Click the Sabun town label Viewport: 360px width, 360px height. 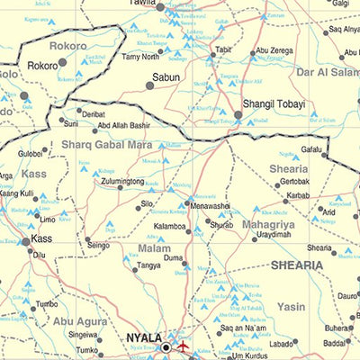point(165,78)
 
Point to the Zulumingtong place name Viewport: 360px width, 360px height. point(122,182)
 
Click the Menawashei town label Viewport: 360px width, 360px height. point(210,205)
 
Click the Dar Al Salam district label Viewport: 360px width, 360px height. point(327,71)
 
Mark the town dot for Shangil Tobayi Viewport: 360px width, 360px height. point(238,115)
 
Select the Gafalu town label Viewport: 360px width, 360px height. point(310,148)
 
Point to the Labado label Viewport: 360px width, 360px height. point(282,343)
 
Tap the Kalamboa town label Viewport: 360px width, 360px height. point(168,228)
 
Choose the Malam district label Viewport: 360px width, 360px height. point(154,247)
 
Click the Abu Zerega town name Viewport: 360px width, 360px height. point(274,51)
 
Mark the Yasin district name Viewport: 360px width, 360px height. point(291,307)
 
